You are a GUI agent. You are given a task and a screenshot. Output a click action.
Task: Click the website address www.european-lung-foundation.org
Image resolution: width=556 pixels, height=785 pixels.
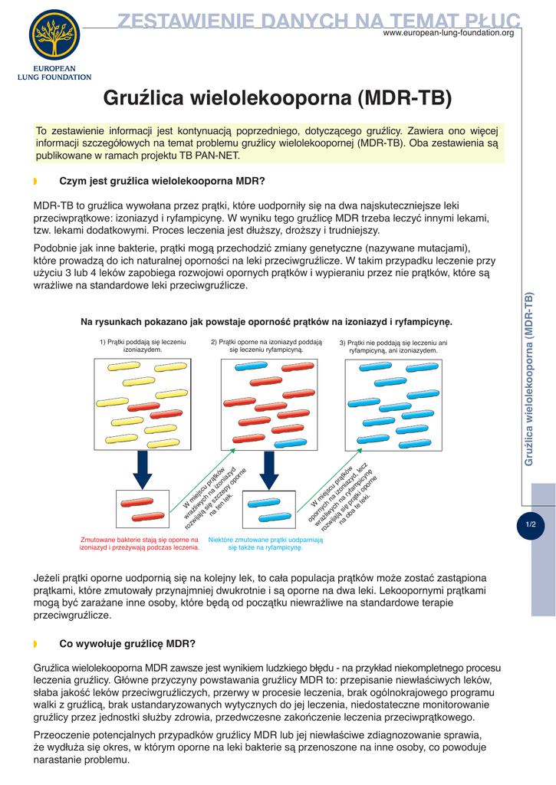pos(448,33)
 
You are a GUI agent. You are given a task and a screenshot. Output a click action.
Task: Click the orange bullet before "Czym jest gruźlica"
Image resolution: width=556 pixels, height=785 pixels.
pos(35,182)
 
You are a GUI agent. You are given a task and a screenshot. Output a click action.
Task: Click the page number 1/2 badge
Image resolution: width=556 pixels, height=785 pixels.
pos(531,525)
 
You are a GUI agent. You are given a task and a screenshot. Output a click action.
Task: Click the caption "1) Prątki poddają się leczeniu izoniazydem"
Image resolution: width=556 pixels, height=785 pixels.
pos(143,346)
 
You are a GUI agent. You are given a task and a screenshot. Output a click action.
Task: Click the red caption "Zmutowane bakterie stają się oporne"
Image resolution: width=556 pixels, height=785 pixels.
pos(140,544)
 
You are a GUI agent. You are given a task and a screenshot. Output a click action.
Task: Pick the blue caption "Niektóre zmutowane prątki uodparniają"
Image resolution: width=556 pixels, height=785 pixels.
pos(265,544)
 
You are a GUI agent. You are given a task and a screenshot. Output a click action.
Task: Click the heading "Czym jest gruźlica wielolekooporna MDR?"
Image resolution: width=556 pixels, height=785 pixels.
pos(162,182)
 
